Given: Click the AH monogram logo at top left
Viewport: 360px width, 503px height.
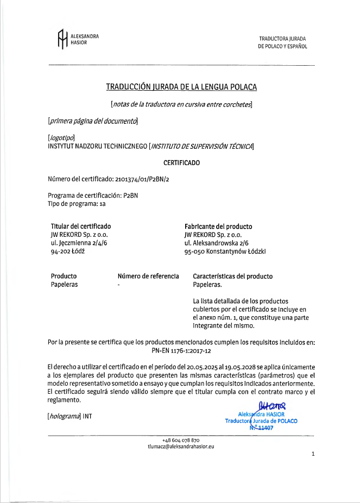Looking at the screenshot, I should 62,39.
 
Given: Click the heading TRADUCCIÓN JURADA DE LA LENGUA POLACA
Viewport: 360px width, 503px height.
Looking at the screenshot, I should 181,87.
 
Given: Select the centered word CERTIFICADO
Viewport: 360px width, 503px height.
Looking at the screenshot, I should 181,162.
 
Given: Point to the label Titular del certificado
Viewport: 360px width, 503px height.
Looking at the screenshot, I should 81,227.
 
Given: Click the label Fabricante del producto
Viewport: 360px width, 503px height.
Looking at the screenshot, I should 218,227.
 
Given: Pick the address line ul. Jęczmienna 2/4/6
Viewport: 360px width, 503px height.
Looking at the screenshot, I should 79,243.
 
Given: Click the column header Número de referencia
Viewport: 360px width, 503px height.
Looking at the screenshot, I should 148,276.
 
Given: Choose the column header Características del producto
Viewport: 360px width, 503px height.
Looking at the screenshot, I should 233,276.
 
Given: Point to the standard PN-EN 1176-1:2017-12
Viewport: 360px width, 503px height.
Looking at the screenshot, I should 181,350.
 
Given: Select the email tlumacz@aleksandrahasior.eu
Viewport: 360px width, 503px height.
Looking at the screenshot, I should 181,446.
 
